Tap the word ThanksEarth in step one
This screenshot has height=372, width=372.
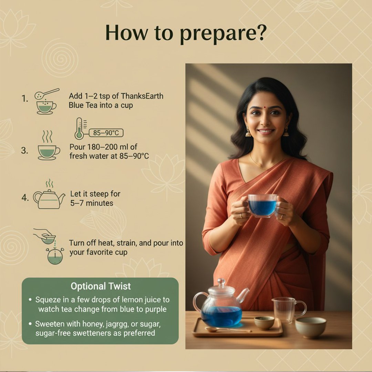[x=142, y=96]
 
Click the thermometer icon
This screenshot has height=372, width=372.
[x=80, y=128]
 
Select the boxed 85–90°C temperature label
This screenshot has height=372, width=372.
[x=106, y=133]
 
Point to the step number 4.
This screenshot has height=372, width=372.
[x=25, y=197]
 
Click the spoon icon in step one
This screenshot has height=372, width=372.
[x=47, y=94]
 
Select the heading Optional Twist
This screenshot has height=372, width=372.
[x=101, y=286]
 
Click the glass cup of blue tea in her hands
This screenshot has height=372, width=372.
[x=262, y=205]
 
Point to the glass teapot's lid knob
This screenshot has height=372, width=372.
[x=221, y=282]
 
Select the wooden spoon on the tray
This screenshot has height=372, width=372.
[x=228, y=329]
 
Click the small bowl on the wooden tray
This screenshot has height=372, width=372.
[x=264, y=323]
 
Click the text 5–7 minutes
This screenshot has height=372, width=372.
[x=92, y=203]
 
